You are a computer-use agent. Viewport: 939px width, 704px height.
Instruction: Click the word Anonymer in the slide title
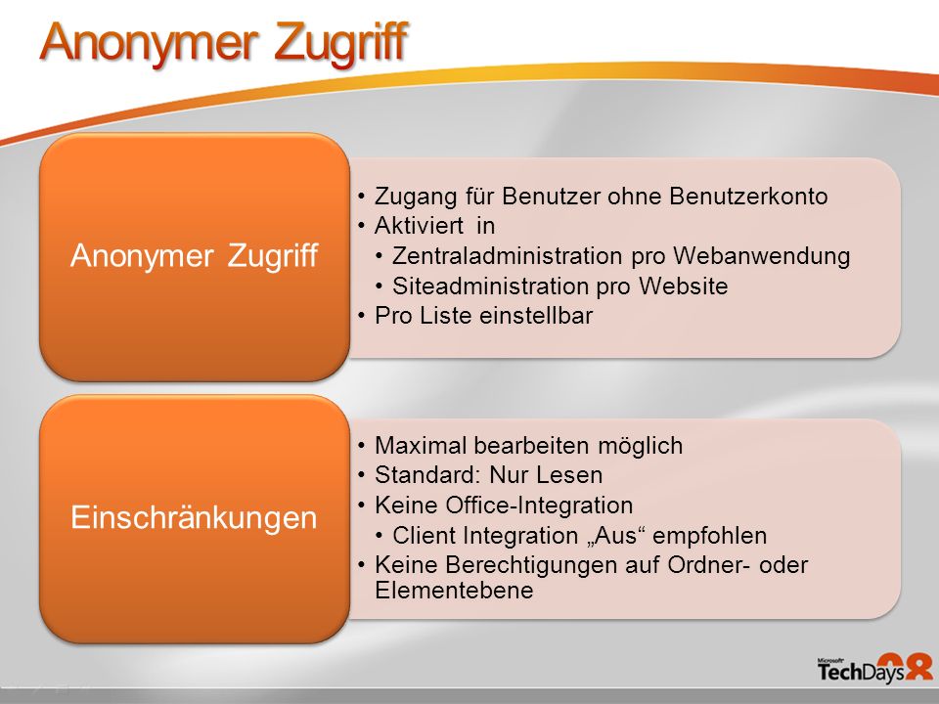pyautogui.click(x=150, y=43)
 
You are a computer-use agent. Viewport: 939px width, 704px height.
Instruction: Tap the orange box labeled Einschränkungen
pyautogui.click(x=195, y=518)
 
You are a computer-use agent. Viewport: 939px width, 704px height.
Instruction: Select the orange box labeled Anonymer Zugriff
pyautogui.click(x=195, y=257)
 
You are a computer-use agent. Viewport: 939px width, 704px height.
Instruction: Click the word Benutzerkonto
pyautogui.click(x=748, y=197)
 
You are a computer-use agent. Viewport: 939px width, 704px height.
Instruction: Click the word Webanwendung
pyautogui.click(x=761, y=256)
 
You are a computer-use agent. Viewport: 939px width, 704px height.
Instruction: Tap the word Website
pyautogui.click(x=683, y=286)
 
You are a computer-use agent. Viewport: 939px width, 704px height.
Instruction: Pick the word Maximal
pyautogui.click(x=421, y=446)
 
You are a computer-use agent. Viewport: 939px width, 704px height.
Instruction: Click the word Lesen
pyautogui.click(x=569, y=475)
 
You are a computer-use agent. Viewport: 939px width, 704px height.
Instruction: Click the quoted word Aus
pyautogui.click(x=614, y=535)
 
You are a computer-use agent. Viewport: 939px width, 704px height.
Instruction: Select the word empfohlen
pyautogui.click(x=710, y=536)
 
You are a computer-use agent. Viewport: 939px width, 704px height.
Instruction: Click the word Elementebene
pyautogui.click(x=454, y=591)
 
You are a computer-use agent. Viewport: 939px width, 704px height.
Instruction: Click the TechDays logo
pyautogui.click(x=874, y=669)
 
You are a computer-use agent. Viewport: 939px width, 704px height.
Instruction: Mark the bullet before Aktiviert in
pyautogui.click(x=361, y=226)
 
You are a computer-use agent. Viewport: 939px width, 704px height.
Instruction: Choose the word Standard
pyautogui.click(x=428, y=475)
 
